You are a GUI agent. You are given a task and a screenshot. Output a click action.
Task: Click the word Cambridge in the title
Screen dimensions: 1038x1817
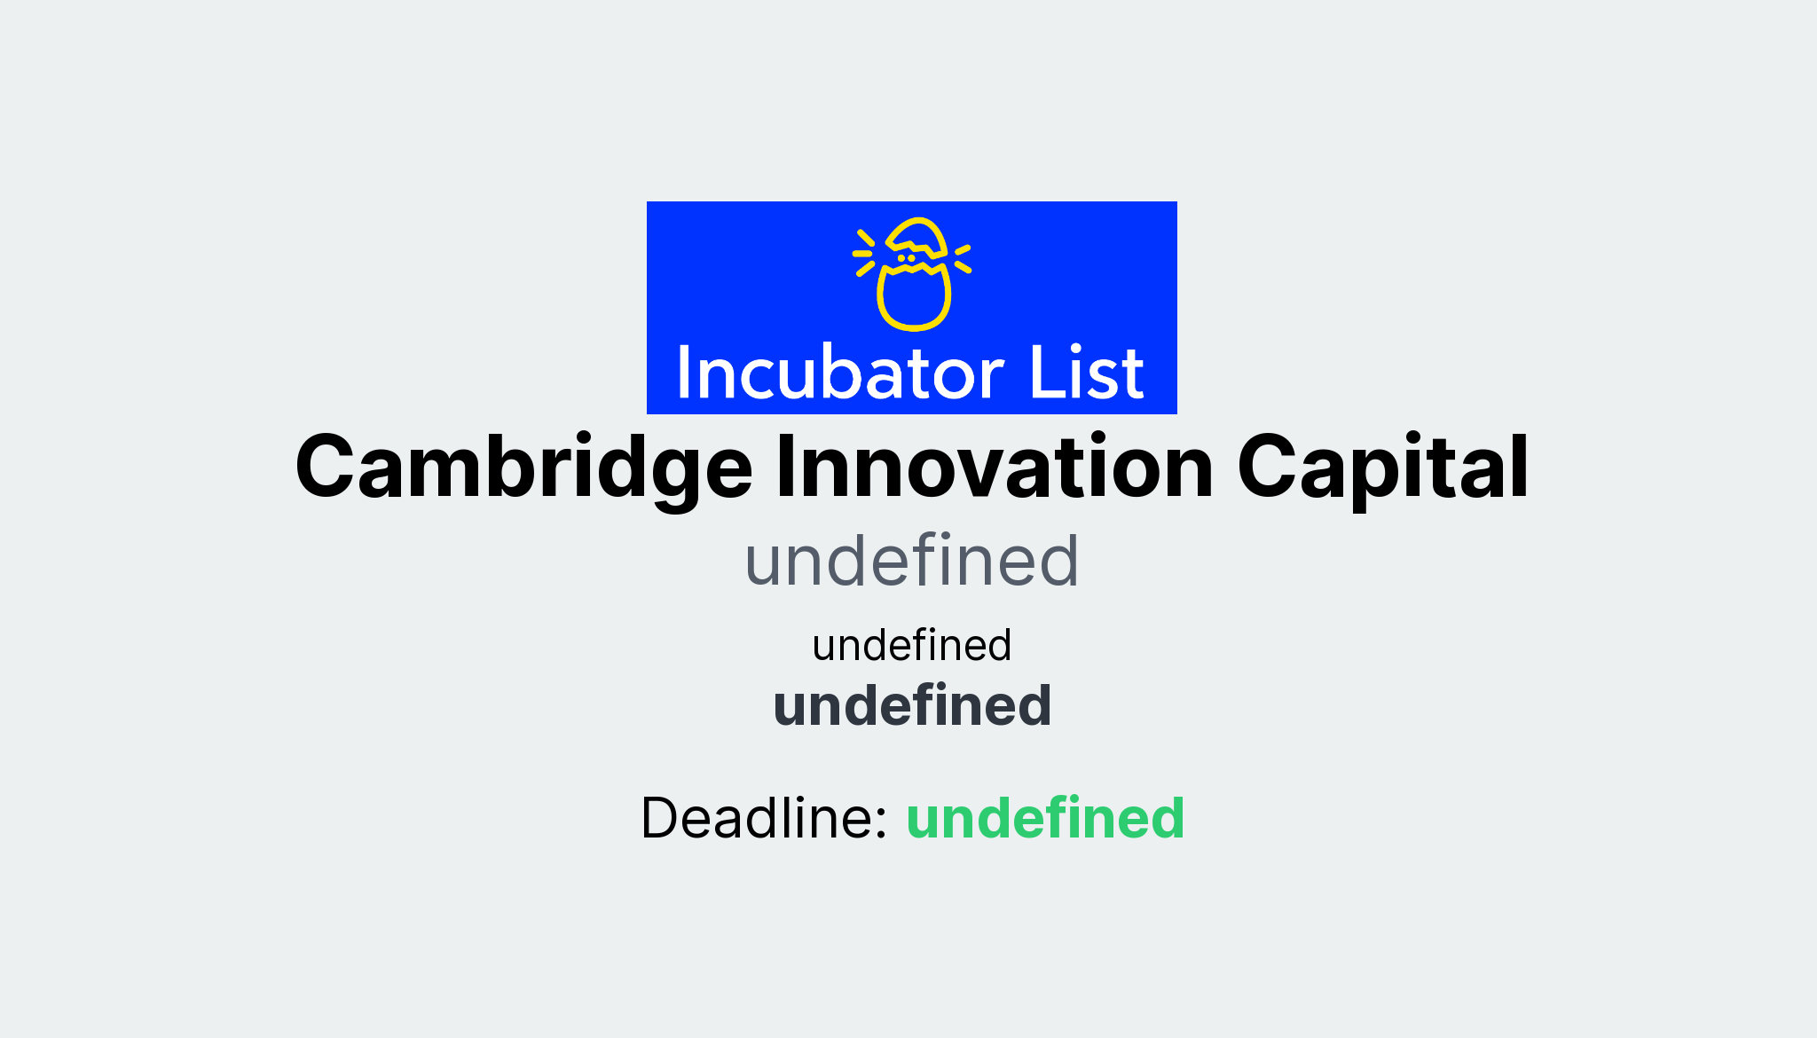click(x=523, y=468)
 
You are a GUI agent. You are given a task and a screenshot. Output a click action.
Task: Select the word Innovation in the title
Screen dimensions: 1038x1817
click(x=994, y=468)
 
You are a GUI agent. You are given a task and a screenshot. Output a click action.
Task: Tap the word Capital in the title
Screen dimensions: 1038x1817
click(x=1382, y=468)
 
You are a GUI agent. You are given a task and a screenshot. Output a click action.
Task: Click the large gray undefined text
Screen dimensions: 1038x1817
click(x=911, y=561)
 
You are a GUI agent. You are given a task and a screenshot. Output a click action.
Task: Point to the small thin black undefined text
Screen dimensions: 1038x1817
click(x=911, y=645)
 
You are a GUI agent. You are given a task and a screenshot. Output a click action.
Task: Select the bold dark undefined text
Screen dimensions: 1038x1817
click(x=911, y=705)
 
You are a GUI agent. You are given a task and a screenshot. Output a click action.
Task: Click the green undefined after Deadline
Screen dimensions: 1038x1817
click(x=1044, y=817)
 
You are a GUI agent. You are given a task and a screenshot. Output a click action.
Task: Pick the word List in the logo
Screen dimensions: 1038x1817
click(x=1086, y=373)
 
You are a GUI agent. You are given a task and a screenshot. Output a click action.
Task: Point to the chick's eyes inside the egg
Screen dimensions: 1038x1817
click(x=906, y=258)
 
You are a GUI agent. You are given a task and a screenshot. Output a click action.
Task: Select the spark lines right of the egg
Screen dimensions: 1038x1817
click(x=963, y=258)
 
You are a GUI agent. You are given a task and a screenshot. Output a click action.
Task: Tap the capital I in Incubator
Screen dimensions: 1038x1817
click(x=684, y=373)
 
